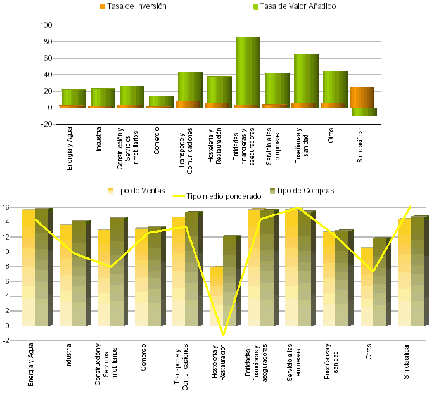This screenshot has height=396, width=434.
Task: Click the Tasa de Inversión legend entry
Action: tap(137, 6)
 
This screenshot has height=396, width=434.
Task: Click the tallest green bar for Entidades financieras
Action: tap(248, 70)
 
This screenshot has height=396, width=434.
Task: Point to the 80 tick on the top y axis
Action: tap(45, 42)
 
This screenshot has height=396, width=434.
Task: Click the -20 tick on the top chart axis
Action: tap(45, 124)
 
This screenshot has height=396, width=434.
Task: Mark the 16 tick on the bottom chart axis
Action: tap(6, 207)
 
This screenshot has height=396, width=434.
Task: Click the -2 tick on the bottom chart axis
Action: tap(6, 341)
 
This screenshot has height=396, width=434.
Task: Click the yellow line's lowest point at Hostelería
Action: tap(223, 334)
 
